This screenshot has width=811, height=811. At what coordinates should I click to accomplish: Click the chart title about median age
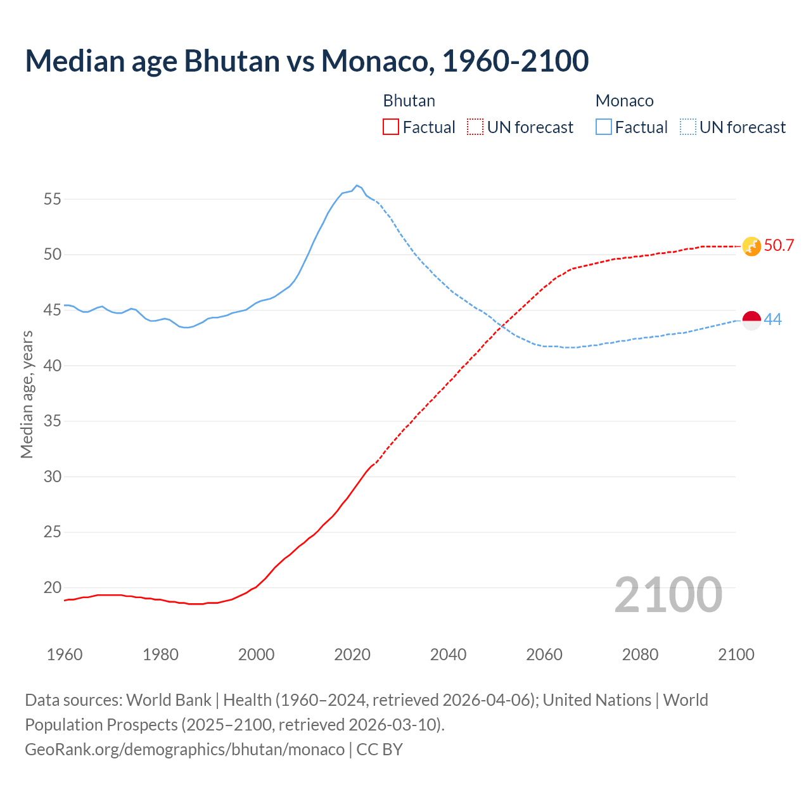tap(307, 61)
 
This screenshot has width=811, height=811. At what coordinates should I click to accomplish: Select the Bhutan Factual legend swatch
tap(391, 127)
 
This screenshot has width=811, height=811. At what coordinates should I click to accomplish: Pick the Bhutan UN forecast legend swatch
tap(475, 127)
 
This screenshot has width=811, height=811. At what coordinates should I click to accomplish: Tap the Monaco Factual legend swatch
tap(604, 127)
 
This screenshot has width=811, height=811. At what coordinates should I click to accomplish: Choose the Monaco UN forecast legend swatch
tap(688, 127)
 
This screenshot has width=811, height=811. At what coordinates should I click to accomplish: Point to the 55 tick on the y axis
tap(53, 199)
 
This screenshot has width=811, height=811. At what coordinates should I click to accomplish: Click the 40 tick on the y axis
tap(53, 366)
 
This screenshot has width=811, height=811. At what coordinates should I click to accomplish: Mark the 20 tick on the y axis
tap(53, 587)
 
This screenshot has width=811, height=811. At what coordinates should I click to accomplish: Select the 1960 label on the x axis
tap(65, 655)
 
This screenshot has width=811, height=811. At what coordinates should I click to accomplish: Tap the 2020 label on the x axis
tap(352, 655)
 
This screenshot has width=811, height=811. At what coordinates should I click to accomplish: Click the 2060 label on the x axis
tap(544, 655)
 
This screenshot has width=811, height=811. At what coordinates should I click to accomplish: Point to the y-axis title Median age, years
tap(27, 394)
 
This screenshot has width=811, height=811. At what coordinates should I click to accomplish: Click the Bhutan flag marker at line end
tap(751, 246)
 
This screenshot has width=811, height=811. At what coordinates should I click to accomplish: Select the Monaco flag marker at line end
tap(751, 321)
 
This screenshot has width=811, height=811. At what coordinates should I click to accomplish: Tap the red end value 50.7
tap(779, 246)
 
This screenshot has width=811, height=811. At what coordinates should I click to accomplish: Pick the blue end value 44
tap(773, 320)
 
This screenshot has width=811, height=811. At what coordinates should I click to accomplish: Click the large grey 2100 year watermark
tap(668, 595)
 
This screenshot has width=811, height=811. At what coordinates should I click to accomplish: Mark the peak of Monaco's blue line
tap(357, 186)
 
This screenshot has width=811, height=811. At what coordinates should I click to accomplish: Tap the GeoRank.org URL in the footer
tap(184, 750)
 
